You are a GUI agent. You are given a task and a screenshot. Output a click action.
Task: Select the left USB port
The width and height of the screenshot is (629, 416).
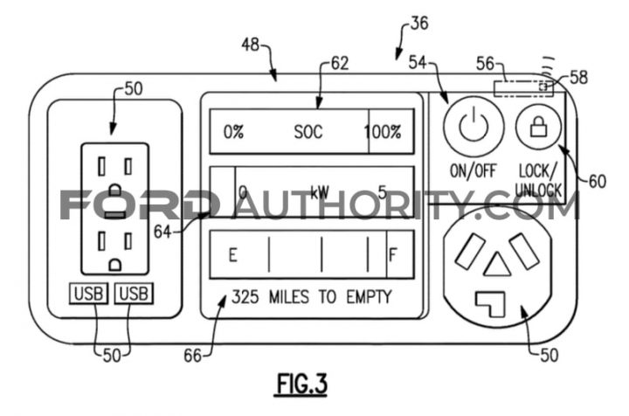[88, 294]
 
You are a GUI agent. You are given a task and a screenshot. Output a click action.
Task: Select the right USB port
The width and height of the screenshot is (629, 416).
[134, 294]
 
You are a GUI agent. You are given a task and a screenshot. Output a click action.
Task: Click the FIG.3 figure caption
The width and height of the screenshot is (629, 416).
[301, 384]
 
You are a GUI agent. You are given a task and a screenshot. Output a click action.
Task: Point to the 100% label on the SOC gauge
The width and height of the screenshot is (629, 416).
[383, 132]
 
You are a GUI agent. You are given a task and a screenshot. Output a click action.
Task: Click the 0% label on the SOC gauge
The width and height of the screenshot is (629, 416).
[233, 132]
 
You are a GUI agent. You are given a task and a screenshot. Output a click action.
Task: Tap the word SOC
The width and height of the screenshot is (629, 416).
[308, 132]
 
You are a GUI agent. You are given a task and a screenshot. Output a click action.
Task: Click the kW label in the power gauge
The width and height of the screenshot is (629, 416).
[320, 192]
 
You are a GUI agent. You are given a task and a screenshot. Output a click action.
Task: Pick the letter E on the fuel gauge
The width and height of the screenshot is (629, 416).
[232, 254]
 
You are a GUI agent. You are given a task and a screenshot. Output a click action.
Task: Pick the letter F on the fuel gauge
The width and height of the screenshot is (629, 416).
[393, 254]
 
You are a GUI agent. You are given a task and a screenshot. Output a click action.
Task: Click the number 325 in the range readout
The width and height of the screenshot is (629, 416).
[245, 297]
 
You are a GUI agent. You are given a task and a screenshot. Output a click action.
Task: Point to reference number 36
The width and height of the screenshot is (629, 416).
[419, 24]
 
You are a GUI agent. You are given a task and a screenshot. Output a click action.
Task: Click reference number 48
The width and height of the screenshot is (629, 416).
[251, 45]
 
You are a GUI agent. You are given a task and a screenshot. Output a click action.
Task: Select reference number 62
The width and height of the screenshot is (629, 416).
[339, 64]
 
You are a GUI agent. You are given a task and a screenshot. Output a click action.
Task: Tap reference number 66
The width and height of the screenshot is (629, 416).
[192, 356]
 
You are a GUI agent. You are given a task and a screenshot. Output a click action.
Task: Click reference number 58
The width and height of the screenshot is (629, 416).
[578, 77]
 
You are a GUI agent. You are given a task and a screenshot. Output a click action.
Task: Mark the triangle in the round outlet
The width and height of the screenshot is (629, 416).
[497, 265]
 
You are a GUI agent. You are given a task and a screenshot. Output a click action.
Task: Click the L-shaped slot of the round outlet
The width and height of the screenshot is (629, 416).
[490, 303]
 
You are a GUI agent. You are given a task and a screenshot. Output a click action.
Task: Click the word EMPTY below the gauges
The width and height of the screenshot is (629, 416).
[369, 297]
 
